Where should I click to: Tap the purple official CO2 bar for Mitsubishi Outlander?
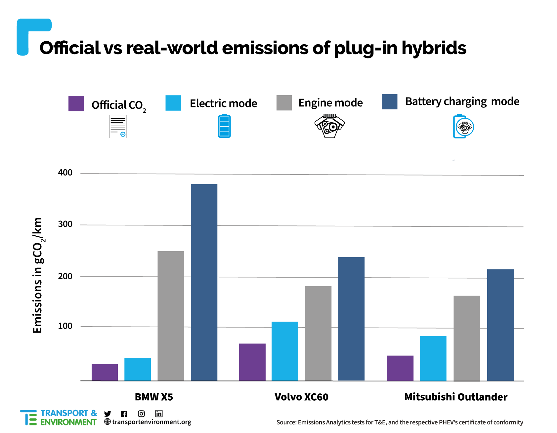point(400,368)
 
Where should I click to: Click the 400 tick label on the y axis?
point(65,173)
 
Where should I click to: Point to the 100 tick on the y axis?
point(65,326)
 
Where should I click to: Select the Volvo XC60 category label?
point(301,397)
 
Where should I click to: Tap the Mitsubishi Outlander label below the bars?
point(456,397)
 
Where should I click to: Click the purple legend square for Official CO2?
point(76,103)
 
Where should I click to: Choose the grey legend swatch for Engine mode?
point(284,103)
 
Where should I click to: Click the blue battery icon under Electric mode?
point(224,126)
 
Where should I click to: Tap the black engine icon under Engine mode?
point(329,126)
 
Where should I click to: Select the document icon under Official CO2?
point(118,126)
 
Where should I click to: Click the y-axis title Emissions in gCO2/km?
point(38,275)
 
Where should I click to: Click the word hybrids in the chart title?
point(434,48)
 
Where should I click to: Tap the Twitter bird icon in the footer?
point(107,414)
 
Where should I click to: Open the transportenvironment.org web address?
point(151,422)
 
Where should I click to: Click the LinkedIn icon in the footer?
point(159,413)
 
